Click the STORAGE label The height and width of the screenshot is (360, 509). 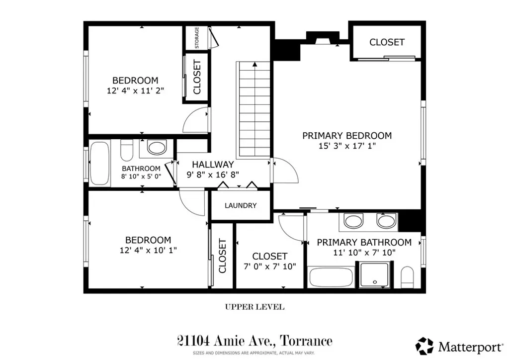(x=197, y=38)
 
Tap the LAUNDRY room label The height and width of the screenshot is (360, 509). (x=241, y=205)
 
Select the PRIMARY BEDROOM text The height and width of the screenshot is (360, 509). (x=347, y=135)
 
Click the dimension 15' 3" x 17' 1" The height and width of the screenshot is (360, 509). (x=347, y=146)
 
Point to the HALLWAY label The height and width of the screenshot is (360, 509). (x=213, y=164)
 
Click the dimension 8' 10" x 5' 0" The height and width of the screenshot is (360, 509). (x=141, y=176)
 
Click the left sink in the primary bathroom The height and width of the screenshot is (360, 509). (x=353, y=220)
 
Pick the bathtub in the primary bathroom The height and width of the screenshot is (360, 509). (x=331, y=276)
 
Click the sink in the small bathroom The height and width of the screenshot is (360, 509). (x=158, y=148)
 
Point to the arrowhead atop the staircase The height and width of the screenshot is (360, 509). (x=254, y=64)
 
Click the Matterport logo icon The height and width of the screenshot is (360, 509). (x=424, y=345)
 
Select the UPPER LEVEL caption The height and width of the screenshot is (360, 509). (x=254, y=307)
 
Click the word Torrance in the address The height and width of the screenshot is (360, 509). (x=306, y=341)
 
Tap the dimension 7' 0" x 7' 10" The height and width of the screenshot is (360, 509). (x=270, y=267)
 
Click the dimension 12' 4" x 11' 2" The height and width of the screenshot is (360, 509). (x=135, y=91)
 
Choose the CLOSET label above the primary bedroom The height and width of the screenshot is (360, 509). (x=387, y=42)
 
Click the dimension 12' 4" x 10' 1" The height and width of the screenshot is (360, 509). (x=148, y=250)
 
